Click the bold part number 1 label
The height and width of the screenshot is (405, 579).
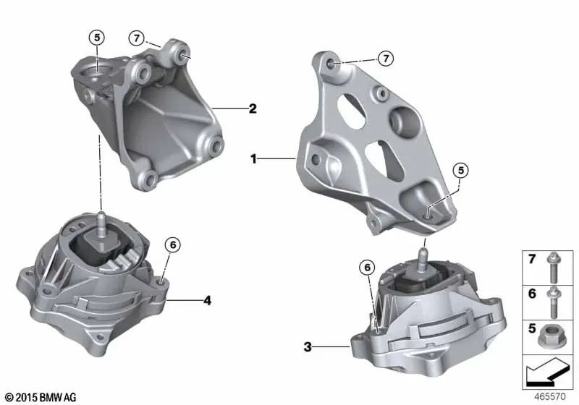point(254,157)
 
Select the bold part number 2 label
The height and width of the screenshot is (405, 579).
point(253,109)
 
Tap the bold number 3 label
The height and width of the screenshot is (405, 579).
point(308,348)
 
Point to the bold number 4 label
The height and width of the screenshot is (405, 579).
point(208,299)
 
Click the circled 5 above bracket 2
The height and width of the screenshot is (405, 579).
point(97,38)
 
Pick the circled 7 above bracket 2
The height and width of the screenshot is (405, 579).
point(136,38)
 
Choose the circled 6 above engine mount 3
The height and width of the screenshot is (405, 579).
point(368,268)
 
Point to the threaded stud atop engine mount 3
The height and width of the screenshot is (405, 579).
point(421,254)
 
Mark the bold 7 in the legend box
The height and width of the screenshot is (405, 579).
point(531,258)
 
